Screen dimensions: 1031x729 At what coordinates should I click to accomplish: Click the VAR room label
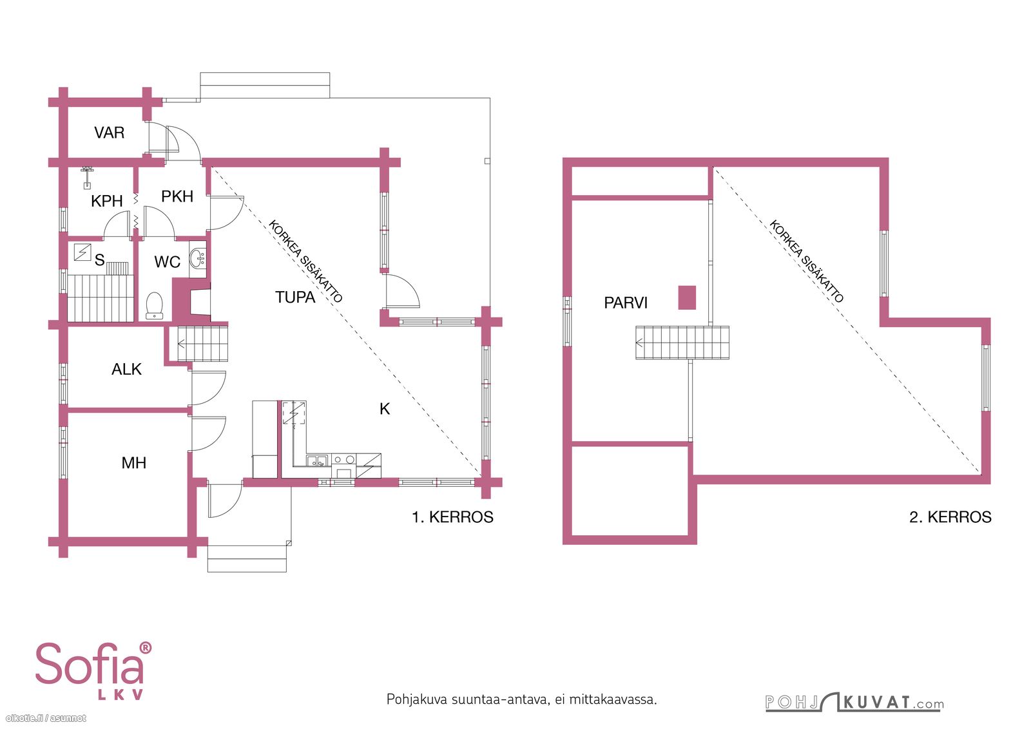[109, 133]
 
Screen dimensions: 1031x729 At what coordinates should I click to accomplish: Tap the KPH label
[107, 201]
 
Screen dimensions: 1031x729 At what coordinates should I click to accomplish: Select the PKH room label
[177, 196]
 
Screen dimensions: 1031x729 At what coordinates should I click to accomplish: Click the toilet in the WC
[154, 305]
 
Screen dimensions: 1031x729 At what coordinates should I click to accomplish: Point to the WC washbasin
[198, 258]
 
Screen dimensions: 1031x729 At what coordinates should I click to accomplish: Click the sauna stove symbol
[82, 252]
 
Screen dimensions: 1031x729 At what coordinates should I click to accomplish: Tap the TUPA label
[295, 297]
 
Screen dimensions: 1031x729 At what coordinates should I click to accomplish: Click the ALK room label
[126, 369]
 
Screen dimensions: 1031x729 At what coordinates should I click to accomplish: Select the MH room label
[134, 462]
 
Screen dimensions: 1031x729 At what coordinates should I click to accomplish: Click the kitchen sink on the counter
[318, 460]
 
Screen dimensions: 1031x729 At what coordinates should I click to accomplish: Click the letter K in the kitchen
[385, 408]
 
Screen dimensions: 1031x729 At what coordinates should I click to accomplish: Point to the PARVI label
[626, 303]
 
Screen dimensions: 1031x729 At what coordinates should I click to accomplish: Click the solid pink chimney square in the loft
[687, 297]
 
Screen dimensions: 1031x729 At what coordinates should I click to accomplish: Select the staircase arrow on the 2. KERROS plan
[639, 343]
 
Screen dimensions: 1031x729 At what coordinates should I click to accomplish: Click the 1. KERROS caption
[452, 517]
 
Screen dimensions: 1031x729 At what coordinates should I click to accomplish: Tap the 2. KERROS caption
[950, 517]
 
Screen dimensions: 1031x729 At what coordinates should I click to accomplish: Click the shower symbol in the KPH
[86, 177]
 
